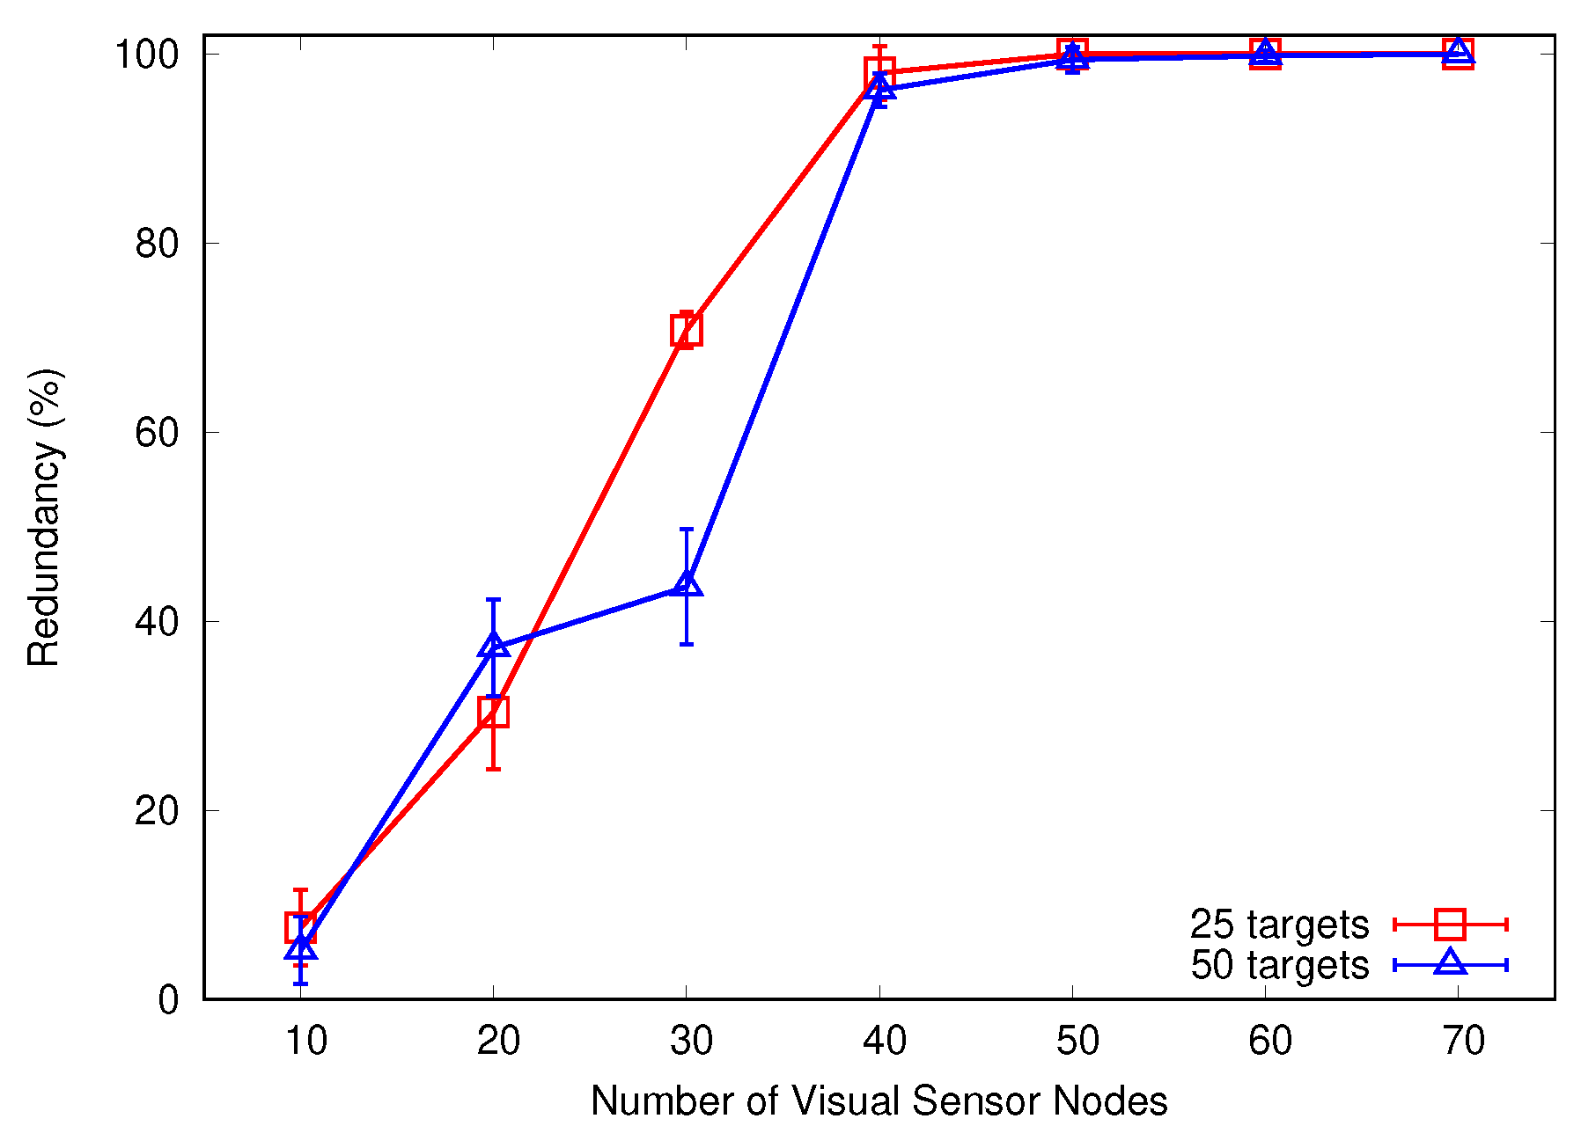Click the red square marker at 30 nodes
[x=686, y=331]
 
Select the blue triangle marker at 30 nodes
[x=687, y=584]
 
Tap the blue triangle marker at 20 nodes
[x=494, y=646]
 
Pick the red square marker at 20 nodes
[x=494, y=712]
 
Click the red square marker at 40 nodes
[x=879, y=73]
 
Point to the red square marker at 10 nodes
[x=300, y=927]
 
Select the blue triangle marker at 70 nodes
[x=1459, y=52]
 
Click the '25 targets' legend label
[x=1279, y=925]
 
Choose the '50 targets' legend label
[x=1279, y=965]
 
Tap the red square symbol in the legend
[x=1450, y=925]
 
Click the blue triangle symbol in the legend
[x=1450, y=963]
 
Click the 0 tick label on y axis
[x=168, y=1000]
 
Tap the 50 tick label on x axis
[x=1077, y=1042]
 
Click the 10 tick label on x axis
[x=305, y=1042]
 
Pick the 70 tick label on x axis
[x=1464, y=1042]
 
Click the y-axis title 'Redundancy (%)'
[x=44, y=517]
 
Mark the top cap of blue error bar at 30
[x=687, y=529]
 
